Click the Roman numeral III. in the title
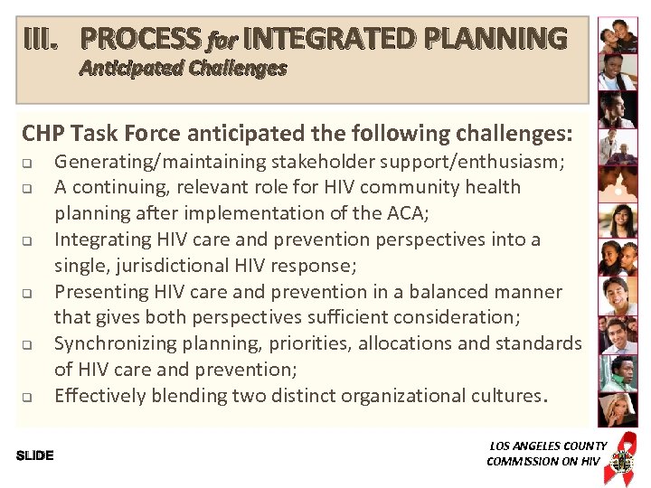(x=42, y=39)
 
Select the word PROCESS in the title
(x=140, y=39)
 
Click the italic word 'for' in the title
(x=222, y=41)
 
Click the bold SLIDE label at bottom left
(x=35, y=455)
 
